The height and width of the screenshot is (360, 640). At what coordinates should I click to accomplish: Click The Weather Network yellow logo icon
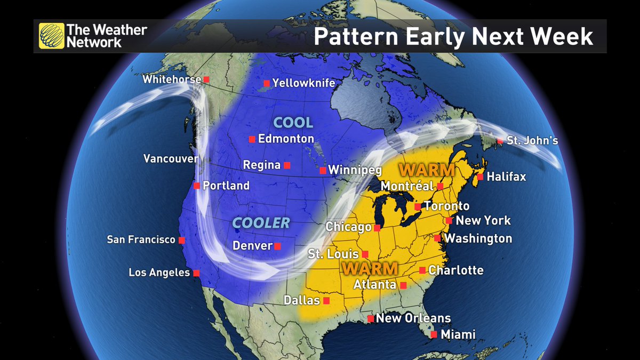coord(52,36)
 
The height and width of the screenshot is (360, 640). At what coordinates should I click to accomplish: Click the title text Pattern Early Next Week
coord(453,36)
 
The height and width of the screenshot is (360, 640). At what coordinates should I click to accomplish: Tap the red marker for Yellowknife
coord(266,83)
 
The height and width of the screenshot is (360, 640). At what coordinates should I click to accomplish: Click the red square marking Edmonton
coord(252,139)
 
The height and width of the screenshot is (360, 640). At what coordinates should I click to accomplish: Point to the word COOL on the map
coord(293,123)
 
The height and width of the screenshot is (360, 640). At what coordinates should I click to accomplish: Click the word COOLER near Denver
coord(261,223)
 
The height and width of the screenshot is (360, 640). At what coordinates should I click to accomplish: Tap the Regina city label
coord(261,165)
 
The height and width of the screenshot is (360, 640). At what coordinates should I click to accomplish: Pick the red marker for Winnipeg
coord(323,171)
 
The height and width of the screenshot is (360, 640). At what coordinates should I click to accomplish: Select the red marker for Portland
coord(197,186)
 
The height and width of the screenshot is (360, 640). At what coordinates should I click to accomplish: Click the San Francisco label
coord(141,240)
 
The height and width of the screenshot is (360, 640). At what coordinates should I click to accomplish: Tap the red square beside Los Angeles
coord(196,273)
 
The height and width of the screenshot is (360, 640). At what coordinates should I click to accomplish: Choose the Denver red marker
coord(277,246)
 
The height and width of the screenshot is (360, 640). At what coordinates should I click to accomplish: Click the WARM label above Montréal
coord(427,171)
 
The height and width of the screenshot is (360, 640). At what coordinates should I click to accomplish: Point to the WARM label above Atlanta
coord(370,268)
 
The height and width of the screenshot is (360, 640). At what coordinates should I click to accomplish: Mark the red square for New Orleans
coord(370,319)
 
